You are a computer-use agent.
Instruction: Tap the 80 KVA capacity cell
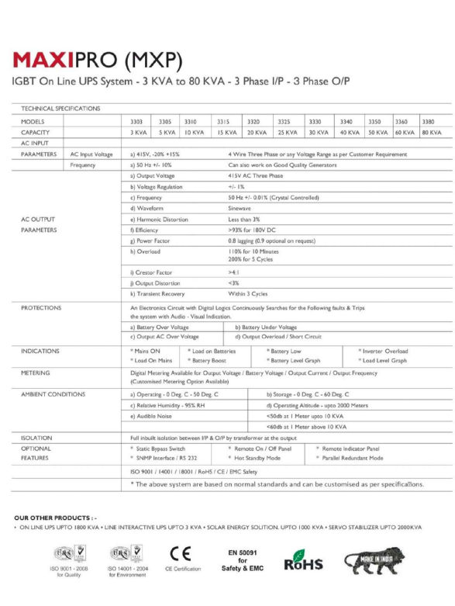432,133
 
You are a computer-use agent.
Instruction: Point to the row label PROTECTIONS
41,308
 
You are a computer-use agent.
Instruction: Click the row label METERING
36,372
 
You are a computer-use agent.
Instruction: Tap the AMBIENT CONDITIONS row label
53,394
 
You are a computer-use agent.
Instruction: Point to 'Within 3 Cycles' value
248,294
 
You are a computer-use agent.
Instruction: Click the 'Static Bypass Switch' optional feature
160,448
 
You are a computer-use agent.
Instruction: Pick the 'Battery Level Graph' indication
293,361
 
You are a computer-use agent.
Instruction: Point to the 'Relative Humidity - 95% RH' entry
168,405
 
